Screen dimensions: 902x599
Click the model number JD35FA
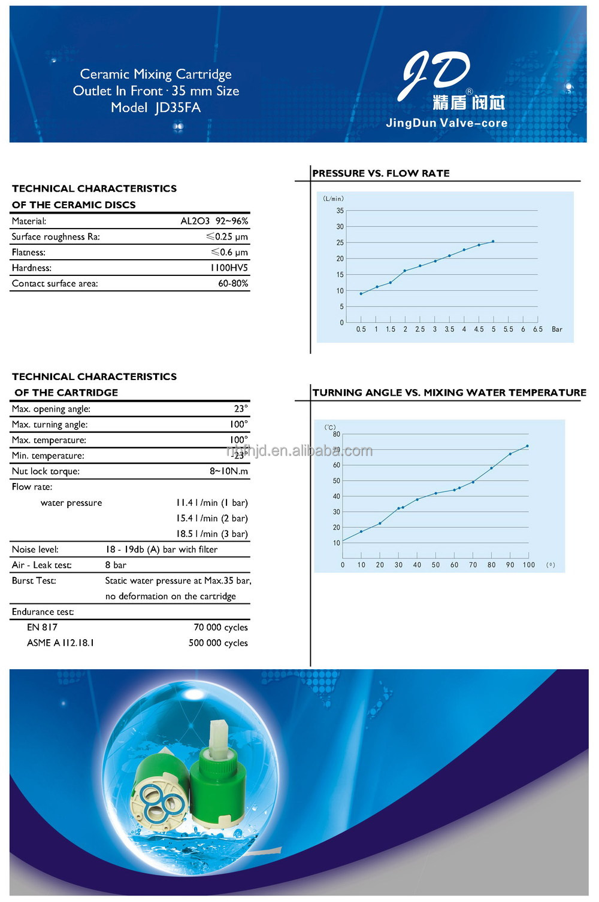click(177, 108)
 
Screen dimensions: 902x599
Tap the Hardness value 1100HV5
click(229, 268)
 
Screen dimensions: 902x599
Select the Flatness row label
click(29, 252)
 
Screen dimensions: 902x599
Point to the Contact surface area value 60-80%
click(233, 283)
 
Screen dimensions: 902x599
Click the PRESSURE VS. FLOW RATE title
click(381, 173)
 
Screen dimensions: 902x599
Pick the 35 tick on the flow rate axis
click(340, 211)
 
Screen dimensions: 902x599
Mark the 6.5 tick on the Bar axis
click(538, 329)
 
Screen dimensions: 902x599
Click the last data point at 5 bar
click(493, 241)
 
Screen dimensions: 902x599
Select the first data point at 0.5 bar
click(361, 294)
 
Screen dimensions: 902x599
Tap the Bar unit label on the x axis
click(557, 329)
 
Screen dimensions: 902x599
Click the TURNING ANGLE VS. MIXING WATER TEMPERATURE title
click(449, 393)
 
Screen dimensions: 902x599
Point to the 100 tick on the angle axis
click(529, 565)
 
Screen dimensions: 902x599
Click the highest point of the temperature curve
click(527, 446)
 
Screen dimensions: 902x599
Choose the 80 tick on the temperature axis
click(337, 434)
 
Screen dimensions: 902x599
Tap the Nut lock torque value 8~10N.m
click(228, 471)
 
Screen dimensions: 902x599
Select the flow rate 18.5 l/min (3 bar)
click(211, 534)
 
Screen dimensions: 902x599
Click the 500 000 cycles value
click(218, 643)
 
